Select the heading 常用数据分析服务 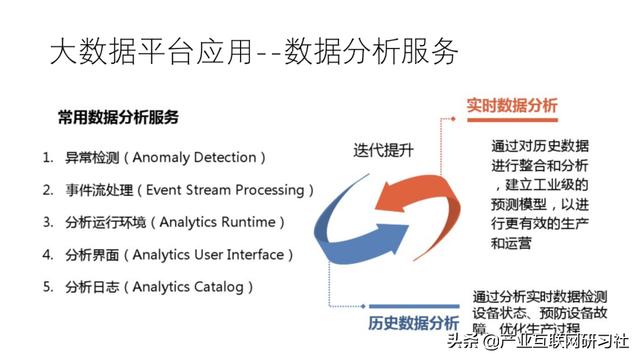click(118, 118)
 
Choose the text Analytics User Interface click(220, 255)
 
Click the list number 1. click(47, 158)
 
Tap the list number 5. click(47, 287)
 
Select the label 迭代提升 click(382, 150)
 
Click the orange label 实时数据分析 click(512, 106)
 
